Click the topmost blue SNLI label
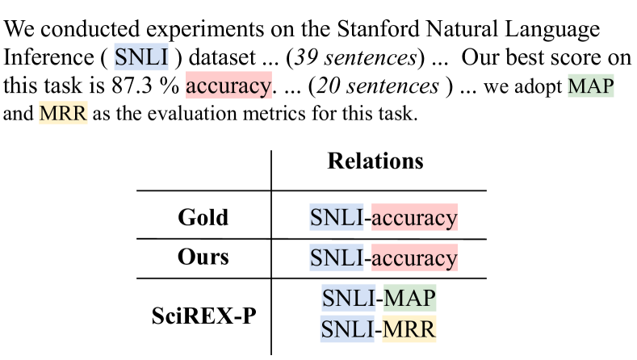pyautogui.click(x=141, y=57)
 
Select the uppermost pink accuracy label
pyautogui.click(x=228, y=86)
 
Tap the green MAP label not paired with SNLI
pyautogui.click(x=591, y=86)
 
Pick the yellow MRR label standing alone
pyautogui.click(x=63, y=114)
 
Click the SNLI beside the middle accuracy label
pyautogui.click(x=337, y=218)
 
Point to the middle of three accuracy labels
pyautogui.click(x=414, y=218)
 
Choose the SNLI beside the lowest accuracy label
pyautogui.click(x=337, y=257)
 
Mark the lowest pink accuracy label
pyautogui.click(x=414, y=257)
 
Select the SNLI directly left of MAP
pyautogui.click(x=349, y=298)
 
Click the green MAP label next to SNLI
pyautogui.click(x=410, y=298)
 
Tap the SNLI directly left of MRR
pyautogui.click(x=347, y=329)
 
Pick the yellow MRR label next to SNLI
pyautogui.click(x=409, y=329)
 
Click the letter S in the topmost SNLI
pyautogui.click(x=120, y=57)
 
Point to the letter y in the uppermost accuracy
pyautogui.click(x=265, y=87)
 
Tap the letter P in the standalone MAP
pyautogui.click(x=607, y=86)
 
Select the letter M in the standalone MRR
pyautogui.click(x=47, y=114)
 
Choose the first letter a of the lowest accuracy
pyautogui.click(x=377, y=258)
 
